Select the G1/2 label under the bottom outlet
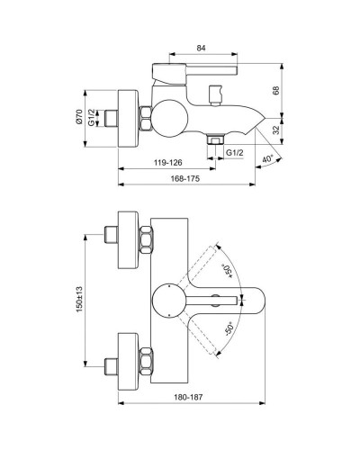(235, 154)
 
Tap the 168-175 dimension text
(186, 179)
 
